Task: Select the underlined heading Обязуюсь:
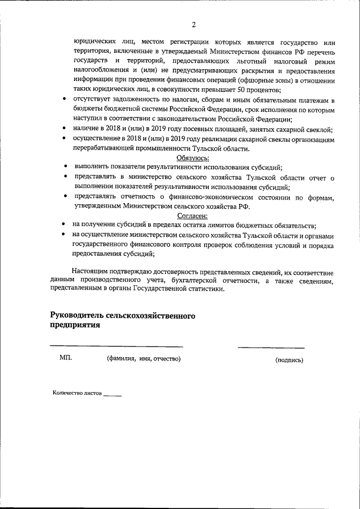coord(193,158)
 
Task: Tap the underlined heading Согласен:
coord(193,215)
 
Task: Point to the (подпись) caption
coord(289,360)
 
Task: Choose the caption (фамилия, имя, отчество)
coord(144,359)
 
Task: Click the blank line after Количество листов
coord(112,395)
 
